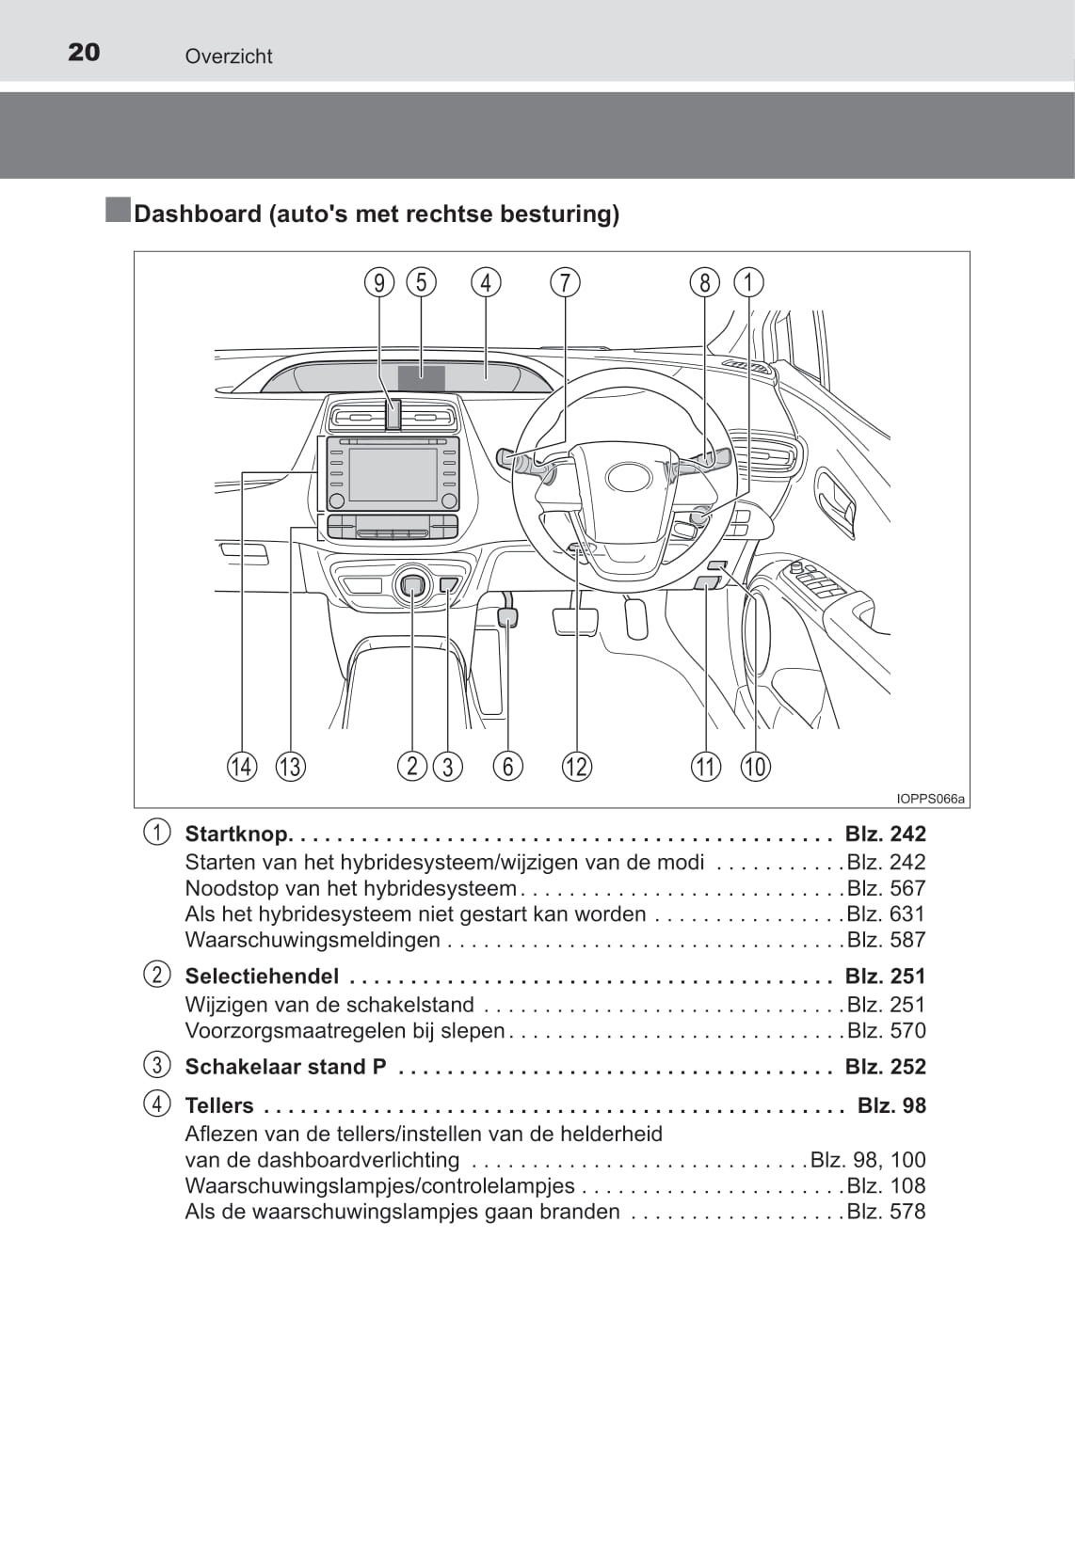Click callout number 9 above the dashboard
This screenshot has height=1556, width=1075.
pyautogui.click(x=379, y=282)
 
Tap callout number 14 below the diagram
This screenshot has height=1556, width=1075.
pyautogui.click(x=242, y=767)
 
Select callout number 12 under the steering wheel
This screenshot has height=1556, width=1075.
pyautogui.click(x=577, y=767)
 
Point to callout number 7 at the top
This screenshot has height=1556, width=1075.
pyautogui.click(x=565, y=282)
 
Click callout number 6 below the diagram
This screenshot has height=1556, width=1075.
pyautogui.click(x=508, y=767)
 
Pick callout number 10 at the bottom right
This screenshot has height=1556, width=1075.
pyautogui.click(x=755, y=767)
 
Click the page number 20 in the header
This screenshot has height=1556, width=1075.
pyautogui.click(x=84, y=52)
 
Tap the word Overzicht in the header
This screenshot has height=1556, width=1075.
pyautogui.click(x=229, y=56)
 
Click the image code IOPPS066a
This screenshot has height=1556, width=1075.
pyautogui.click(x=930, y=799)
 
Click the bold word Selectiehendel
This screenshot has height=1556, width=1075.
pyautogui.click(x=262, y=976)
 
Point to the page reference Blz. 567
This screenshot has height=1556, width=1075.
pyautogui.click(x=886, y=888)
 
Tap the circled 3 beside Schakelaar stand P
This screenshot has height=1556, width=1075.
pyautogui.click(x=157, y=1065)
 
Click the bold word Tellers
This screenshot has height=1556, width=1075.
pyautogui.click(x=219, y=1105)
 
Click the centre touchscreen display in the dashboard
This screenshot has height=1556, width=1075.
pyautogui.click(x=393, y=474)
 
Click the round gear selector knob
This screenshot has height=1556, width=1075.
pyautogui.click(x=412, y=585)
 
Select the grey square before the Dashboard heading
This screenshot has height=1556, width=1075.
pyautogui.click(x=118, y=211)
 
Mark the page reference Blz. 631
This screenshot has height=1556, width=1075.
pyautogui.click(x=886, y=913)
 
